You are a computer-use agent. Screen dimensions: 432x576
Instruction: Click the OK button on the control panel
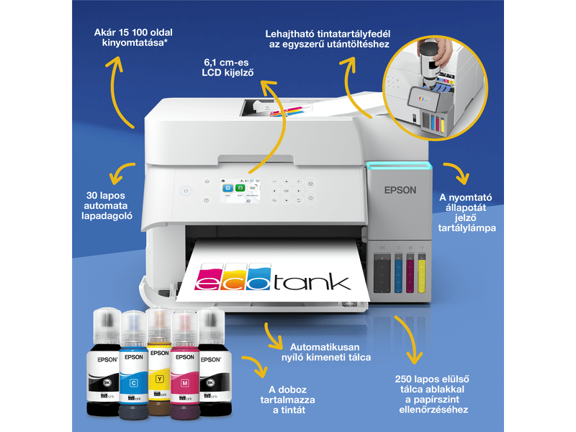click(287, 190)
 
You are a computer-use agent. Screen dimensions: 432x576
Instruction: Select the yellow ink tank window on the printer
click(422, 274)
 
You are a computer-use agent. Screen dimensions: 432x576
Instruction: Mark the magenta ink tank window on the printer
click(410, 274)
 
